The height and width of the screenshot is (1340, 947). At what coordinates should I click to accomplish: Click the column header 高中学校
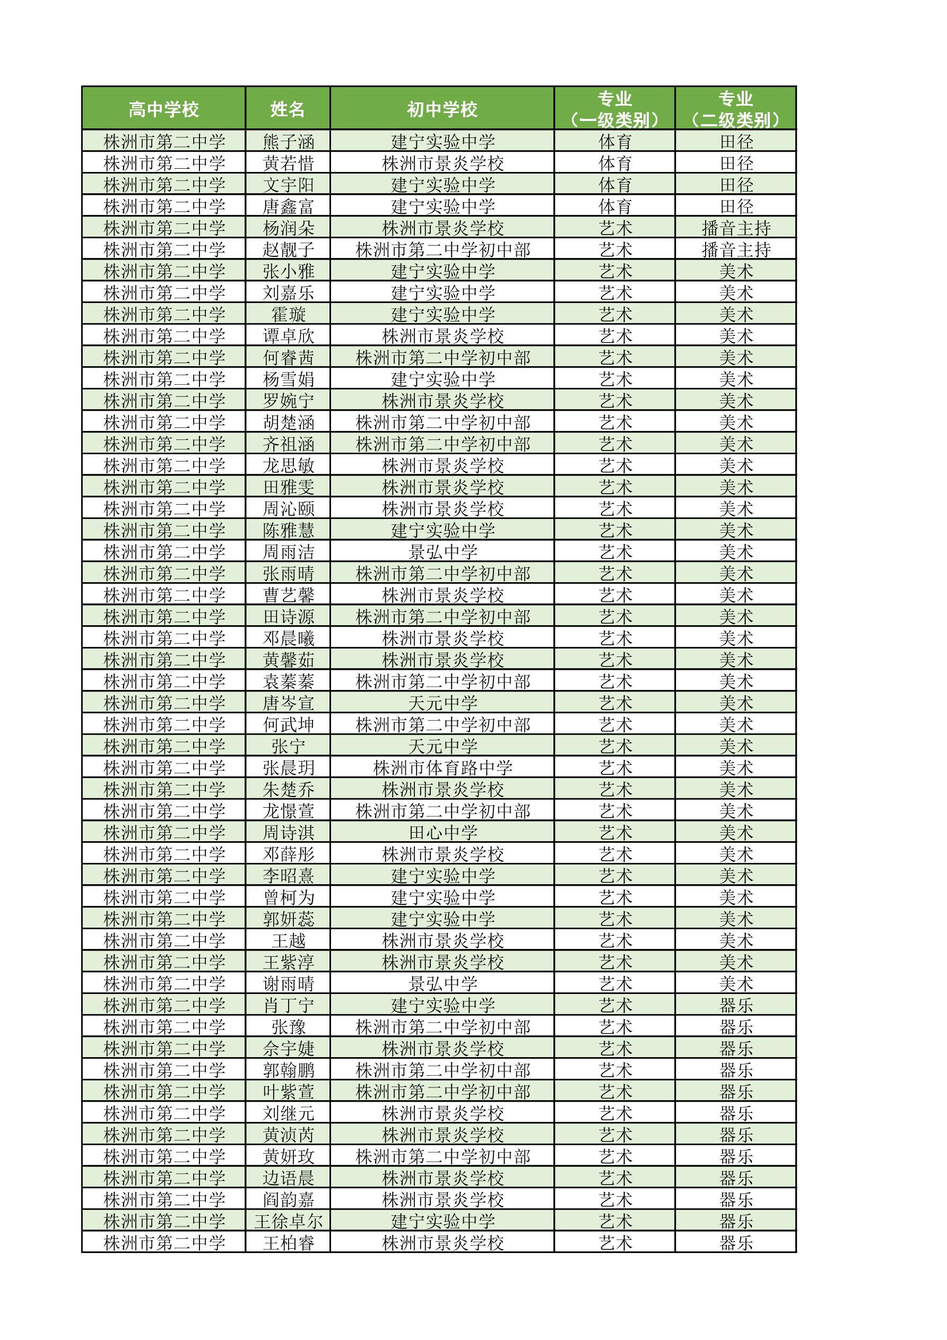tap(163, 109)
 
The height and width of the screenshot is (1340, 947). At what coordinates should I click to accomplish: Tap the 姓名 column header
tap(288, 109)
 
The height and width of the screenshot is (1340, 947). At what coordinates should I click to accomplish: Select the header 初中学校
tap(442, 109)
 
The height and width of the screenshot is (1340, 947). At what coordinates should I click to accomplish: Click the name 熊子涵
tap(288, 142)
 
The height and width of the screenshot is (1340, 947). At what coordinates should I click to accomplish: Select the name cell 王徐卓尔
tap(288, 1221)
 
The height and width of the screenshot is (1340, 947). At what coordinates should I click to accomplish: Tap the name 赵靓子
tap(288, 250)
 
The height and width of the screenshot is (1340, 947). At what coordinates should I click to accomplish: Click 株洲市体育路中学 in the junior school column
tap(442, 768)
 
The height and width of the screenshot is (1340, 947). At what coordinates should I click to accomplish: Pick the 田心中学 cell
tap(442, 833)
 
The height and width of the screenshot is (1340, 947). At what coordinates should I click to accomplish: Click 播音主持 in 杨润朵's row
tap(736, 228)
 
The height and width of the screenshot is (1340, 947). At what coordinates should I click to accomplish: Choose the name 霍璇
tap(288, 315)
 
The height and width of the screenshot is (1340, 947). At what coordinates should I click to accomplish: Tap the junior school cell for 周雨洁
tap(442, 552)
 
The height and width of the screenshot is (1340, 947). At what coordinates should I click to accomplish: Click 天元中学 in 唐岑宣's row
tap(442, 703)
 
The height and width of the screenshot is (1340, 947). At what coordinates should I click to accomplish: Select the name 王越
tap(288, 941)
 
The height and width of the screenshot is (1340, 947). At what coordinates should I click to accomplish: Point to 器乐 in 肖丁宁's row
tap(736, 1006)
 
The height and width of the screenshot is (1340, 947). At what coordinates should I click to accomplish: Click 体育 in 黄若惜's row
tap(615, 163)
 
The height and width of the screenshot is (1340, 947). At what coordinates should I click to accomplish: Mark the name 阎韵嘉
tap(288, 1199)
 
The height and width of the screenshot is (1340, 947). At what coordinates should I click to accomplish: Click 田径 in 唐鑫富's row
tap(736, 206)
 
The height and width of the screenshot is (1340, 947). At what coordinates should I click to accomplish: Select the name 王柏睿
tap(288, 1242)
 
